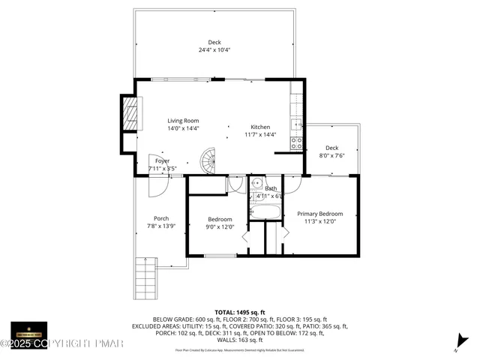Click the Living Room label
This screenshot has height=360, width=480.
point(182,121)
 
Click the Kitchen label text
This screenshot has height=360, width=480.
point(260,127)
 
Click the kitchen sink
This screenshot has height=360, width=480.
point(297,125)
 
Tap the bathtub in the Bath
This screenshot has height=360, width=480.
point(265,212)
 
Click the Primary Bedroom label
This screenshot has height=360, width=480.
point(324,213)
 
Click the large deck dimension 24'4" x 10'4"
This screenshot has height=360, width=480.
point(214,50)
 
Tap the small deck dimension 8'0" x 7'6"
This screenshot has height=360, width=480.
point(331,156)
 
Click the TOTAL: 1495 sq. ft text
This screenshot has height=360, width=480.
point(239,311)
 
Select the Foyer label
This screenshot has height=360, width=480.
point(163,161)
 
